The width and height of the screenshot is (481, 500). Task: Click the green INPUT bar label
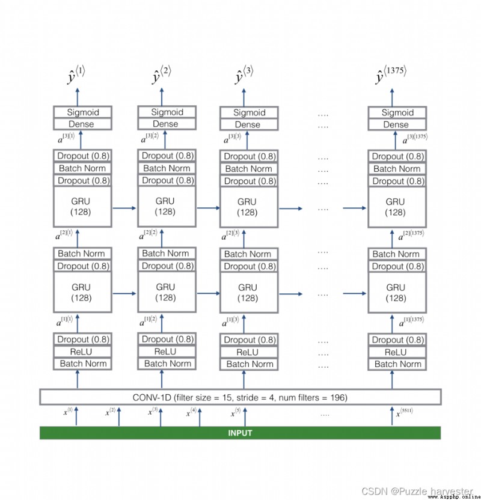240,433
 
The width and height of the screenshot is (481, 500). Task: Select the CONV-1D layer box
240,397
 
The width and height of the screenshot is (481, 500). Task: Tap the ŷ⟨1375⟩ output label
391,75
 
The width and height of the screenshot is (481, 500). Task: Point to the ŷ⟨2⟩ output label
161,75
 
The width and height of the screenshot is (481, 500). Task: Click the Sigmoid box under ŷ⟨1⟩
82,112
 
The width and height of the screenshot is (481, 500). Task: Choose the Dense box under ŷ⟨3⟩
249,124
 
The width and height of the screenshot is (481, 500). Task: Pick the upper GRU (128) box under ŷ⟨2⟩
167,206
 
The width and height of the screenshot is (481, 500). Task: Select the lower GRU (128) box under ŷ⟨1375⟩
397,293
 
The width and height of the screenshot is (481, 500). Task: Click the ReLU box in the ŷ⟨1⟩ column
82,352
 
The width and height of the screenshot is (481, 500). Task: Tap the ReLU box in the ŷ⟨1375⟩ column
397,352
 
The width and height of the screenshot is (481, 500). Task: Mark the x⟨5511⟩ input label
405,412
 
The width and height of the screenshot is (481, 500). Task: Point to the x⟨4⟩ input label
191,412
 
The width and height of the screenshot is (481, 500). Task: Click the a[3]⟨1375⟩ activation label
415,138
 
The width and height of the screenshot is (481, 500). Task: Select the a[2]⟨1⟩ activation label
64,234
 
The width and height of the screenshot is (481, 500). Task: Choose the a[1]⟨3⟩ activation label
230,322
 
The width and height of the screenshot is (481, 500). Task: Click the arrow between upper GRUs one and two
124,208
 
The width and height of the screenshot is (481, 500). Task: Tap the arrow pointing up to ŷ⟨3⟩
244,97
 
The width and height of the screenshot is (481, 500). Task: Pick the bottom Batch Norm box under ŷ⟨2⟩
167,364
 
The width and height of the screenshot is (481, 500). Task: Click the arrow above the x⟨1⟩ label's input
76,416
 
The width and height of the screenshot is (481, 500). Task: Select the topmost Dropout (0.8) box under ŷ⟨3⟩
249,156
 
